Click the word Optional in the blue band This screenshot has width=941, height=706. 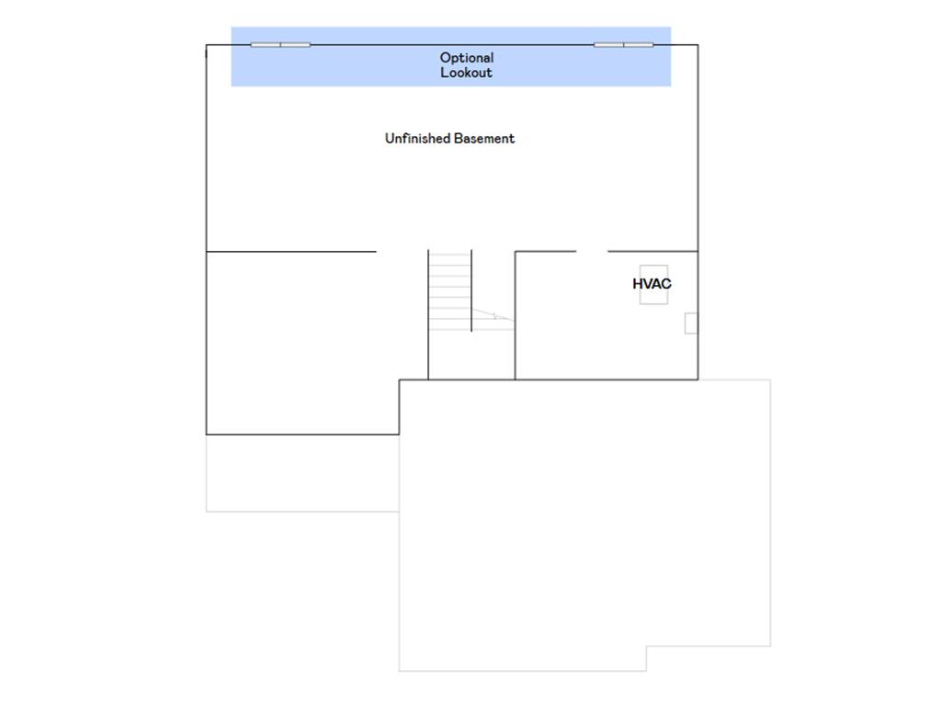(x=466, y=58)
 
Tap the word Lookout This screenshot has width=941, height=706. (x=466, y=73)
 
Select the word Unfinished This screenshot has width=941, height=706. (x=417, y=139)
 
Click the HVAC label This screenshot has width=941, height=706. (x=652, y=284)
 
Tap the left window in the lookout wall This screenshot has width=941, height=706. (x=280, y=44)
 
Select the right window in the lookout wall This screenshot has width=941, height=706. (x=624, y=44)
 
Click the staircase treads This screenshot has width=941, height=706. (x=449, y=291)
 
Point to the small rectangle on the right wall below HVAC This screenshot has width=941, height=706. (x=691, y=323)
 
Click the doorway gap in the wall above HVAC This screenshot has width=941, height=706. (x=592, y=252)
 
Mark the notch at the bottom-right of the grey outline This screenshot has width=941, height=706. (x=646, y=647)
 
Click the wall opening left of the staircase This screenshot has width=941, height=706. (x=402, y=252)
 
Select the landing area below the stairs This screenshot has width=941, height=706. (x=471, y=355)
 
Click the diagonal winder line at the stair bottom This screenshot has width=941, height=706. (x=493, y=314)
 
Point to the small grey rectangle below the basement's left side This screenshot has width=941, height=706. (x=302, y=473)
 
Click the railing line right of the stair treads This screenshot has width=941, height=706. (x=471, y=290)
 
